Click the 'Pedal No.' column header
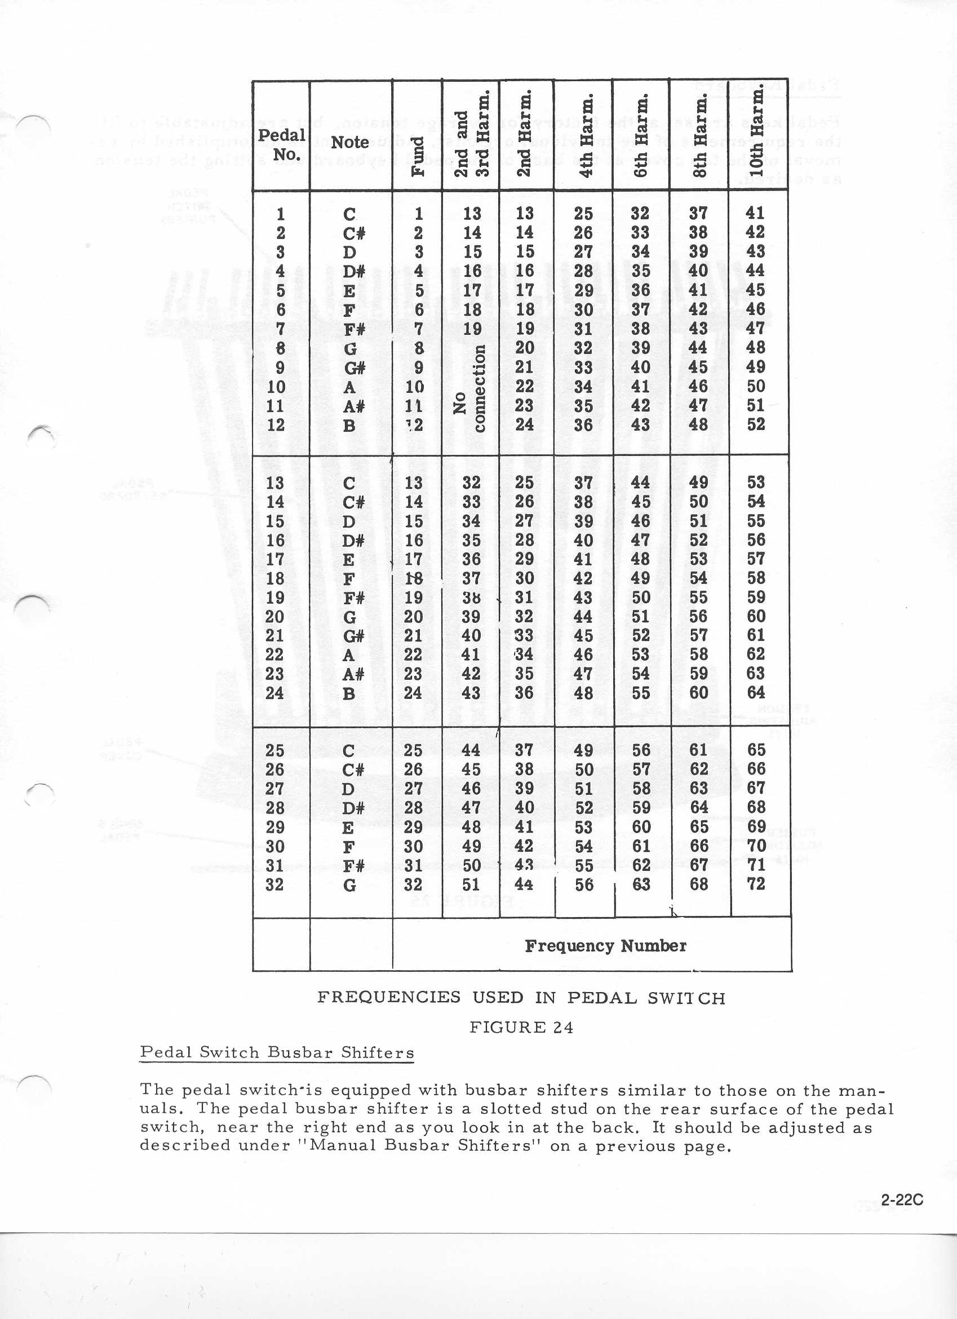pyautogui.click(x=281, y=144)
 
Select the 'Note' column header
pyautogui.click(x=349, y=142)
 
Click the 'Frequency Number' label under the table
pyautogui.click(x=605, y=945)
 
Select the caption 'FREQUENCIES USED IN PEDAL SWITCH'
pyautogui.click(x=521, y=997)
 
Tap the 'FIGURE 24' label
pyautogui.click(x=521, y=1028)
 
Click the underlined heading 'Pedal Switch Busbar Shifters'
pyautogui.click(x=277, y=1052)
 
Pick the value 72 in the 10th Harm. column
pyautogui.click(x=755, y=884)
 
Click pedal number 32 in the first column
pyautogui.click(x=274, y=884)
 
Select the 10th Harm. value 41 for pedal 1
pyautogui.click(x=755, y=213)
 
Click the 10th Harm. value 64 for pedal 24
pyautogui.click(x=755, y=692)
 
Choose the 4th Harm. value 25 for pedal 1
pyautogui.click(x=583, y=213)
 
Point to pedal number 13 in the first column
pyautogui.click(x=274, y=483)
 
